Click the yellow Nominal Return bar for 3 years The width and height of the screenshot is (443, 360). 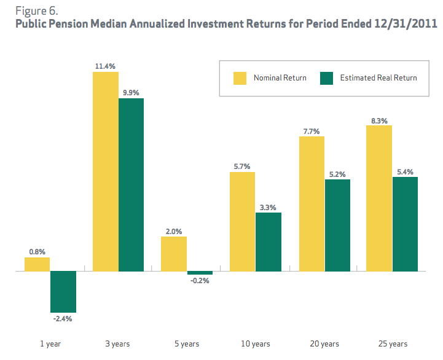(105, 171)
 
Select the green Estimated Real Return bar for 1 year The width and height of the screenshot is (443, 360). (63, 291)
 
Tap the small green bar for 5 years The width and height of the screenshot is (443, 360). (200, 273)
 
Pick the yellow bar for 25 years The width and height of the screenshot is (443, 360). (379, 198)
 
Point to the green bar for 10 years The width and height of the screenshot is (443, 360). (268, 241)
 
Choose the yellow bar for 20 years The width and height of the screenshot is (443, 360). (311, 203)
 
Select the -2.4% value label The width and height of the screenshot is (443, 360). (63, 319)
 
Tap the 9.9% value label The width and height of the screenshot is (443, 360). (131, 93)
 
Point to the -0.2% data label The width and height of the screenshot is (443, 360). (200, 281)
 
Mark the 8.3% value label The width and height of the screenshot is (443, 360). (379, 120)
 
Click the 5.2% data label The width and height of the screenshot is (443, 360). (337, 174)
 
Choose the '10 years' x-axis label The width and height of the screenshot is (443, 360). (255, 343)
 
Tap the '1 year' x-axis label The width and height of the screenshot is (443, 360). (50, 343)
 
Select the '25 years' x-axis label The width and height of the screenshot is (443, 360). (392, 343)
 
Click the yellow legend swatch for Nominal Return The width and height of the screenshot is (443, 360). (239, 78)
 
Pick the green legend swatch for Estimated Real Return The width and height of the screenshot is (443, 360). (326, 78)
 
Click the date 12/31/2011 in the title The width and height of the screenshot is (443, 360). (406, 25)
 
